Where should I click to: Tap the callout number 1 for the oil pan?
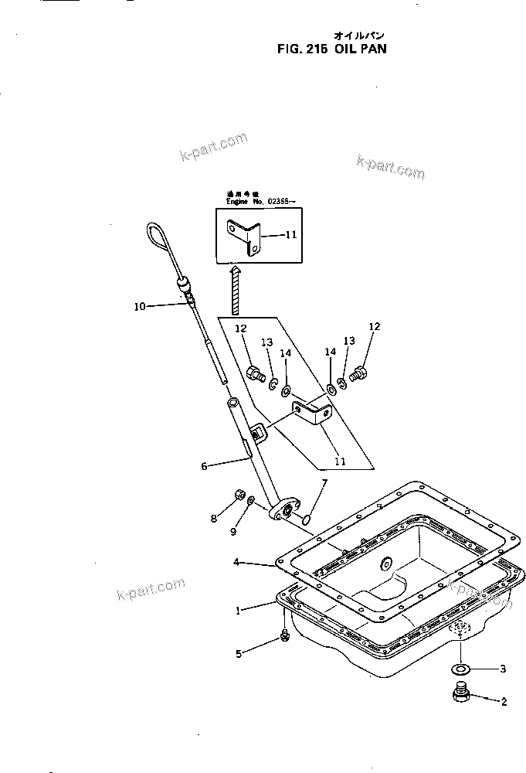click(239, 611)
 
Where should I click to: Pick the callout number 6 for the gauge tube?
click(204, 466)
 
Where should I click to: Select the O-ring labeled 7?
click(308, 520)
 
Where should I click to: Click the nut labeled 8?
click(240, 495)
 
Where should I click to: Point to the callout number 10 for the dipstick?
click(139, 306)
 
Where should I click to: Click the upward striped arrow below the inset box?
click(235, 289)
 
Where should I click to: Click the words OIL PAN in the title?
click(360, 47)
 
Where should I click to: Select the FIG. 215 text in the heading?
click(302, 47)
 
